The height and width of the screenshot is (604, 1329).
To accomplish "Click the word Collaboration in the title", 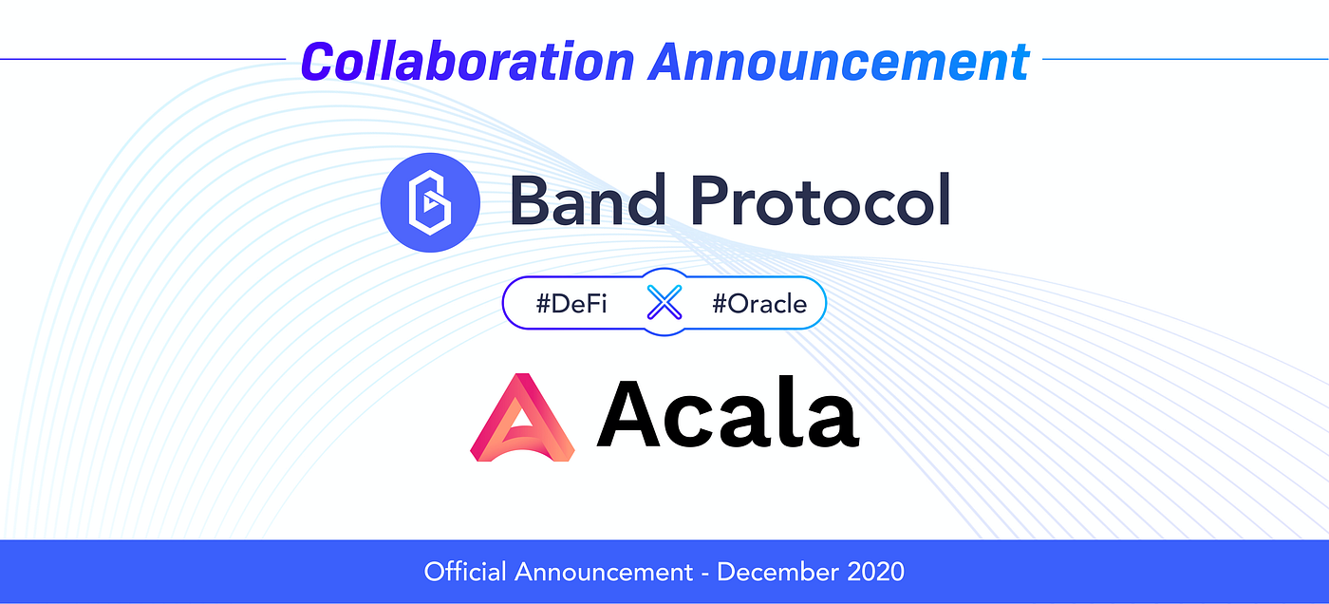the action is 467,61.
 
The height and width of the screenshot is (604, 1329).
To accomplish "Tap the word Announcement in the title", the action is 839,61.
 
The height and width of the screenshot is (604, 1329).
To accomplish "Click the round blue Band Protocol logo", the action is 430,202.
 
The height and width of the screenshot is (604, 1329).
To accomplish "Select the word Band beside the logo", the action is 588,199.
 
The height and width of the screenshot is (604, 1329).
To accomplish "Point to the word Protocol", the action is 821,199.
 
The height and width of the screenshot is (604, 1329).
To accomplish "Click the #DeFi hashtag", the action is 571,304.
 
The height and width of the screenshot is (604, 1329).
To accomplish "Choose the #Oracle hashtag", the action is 759,304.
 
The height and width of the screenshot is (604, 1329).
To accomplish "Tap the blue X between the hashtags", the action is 664,302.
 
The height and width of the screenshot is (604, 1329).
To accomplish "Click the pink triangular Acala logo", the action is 522,417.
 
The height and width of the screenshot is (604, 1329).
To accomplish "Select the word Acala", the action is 728,412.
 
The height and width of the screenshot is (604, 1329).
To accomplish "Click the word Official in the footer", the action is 465,572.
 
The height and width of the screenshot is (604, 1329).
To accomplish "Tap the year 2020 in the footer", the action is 875,572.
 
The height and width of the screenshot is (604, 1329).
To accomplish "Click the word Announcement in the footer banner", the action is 604,572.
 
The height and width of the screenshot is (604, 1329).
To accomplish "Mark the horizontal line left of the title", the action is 143,59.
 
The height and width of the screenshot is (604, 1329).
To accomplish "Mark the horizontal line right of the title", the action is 1186,59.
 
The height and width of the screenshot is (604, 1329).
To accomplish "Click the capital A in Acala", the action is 628,412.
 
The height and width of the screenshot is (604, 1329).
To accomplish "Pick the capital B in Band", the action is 532,200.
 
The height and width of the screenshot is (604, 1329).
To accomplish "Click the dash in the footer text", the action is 704,575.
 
